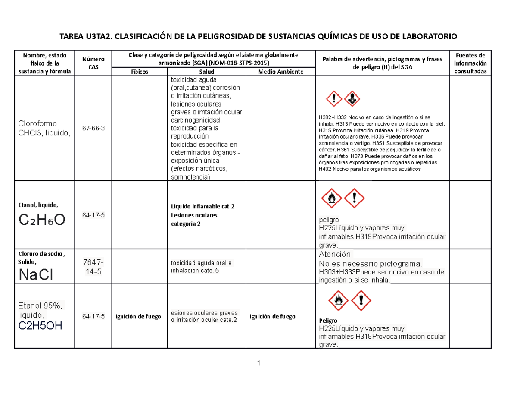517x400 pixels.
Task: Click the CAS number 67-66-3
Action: pos(93,129)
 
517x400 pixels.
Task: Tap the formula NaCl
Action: pos(36,274)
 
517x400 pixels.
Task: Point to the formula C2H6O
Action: pos(42,220)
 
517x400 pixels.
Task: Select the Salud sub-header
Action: pos(207,72)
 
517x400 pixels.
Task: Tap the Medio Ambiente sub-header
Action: pos(280,72)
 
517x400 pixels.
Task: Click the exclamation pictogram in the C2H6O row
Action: pos(354,198)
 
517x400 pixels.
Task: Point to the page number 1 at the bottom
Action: pos(258,363)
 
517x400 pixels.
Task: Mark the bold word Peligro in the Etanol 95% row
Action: pos(328,321)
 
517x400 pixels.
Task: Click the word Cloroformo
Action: pos(37,123)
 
